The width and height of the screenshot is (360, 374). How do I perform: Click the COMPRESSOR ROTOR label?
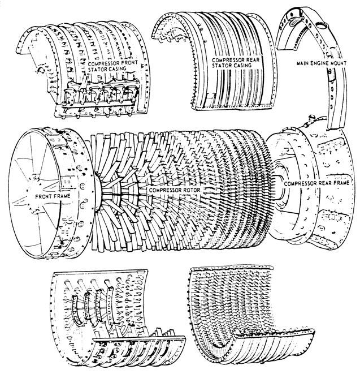(x=169, y=191)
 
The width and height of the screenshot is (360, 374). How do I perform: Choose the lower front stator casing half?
(x=113, y=317)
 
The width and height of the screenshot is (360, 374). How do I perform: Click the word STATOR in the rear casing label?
(x=224, y=66)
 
